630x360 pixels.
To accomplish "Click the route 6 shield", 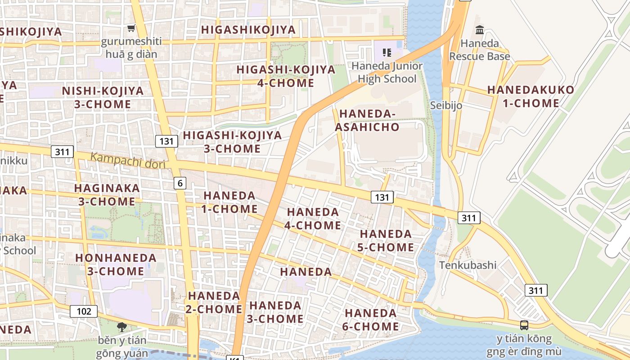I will coord(180,183).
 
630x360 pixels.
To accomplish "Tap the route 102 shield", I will coord(84,311).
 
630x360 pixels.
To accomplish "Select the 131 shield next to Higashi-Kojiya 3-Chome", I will coord(166,141).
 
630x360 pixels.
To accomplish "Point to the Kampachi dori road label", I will coord(128,160).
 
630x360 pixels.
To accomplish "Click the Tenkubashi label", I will coord(468,265).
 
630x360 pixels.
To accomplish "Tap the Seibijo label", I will coord(446,105).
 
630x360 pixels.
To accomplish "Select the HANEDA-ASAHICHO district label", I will coord(367,120).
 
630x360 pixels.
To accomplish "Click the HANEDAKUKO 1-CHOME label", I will coord(531,96).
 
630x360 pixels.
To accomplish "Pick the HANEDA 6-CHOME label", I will coord(370,319).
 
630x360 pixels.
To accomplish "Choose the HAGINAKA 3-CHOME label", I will coord(107,194).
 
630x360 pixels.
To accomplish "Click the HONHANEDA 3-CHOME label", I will coord(116,265).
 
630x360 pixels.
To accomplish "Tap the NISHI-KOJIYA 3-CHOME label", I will coord(103,97).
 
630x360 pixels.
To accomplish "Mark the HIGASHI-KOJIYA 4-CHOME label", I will coord(286,76).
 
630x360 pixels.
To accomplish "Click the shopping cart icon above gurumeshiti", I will coord(131,28).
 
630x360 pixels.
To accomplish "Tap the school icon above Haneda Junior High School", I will coord(387,53).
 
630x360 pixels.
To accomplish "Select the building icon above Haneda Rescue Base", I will coord(480,30).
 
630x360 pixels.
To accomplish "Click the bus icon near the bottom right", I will coord(524,325).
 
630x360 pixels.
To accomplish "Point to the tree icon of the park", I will coord(121,327).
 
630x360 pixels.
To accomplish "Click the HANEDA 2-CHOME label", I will coord(214,302).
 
